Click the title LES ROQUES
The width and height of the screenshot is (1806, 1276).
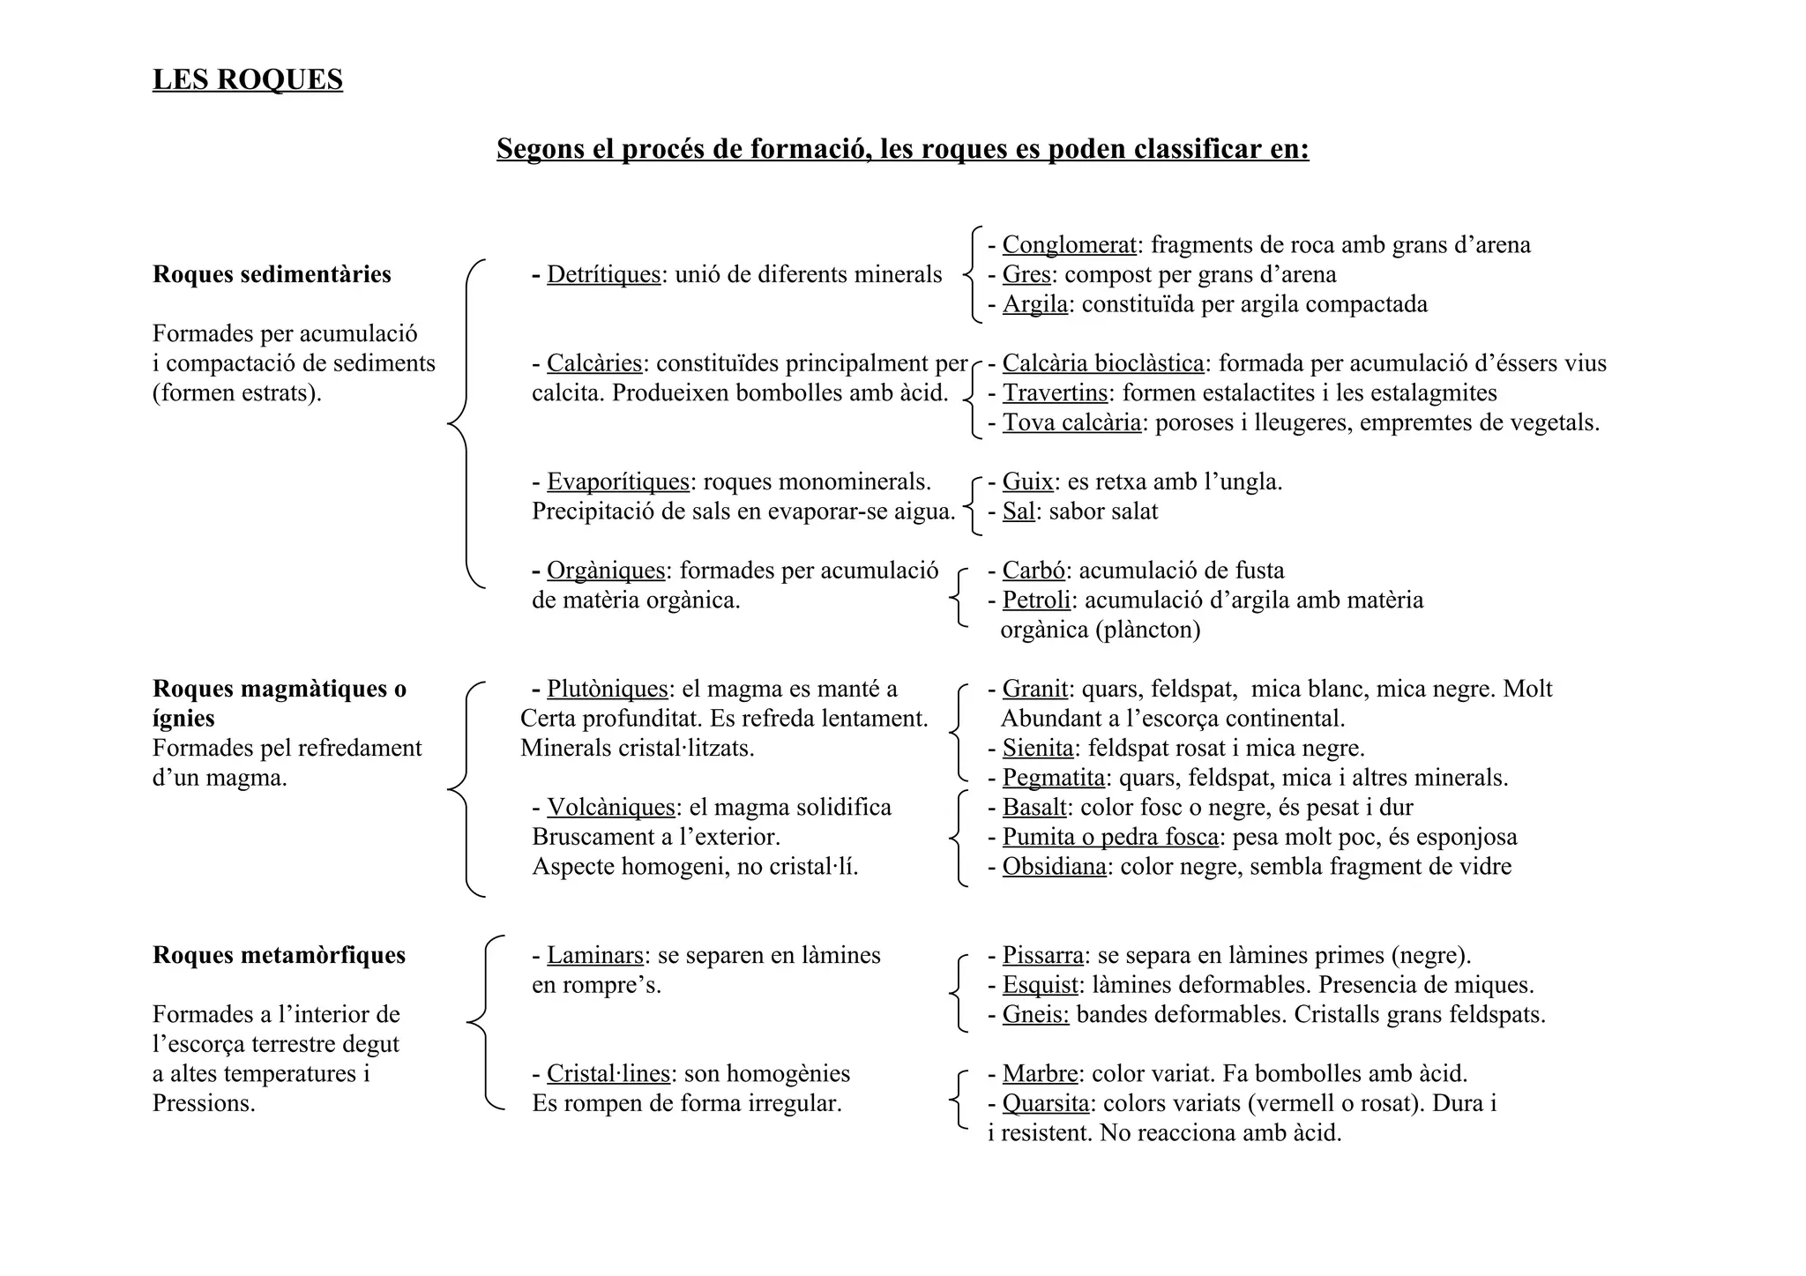pos(247,79)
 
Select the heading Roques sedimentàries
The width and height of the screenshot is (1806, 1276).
pos(272,274)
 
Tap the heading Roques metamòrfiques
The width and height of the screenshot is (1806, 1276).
pos(279,955)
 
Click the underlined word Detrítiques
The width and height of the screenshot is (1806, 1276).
pos(603,274)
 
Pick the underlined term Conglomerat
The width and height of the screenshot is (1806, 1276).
pos(1069,244)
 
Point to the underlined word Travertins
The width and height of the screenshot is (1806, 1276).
pos(1055,392)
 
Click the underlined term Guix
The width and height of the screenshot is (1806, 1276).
pos(1027,481)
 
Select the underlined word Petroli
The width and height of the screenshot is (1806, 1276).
pos(1036,600)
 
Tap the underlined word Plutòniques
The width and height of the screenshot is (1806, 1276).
pos(608,689)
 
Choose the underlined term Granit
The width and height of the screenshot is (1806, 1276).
pos(1034,689)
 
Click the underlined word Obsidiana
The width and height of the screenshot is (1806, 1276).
pos(1054,866)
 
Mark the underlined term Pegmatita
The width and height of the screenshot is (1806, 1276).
pos(1053,778)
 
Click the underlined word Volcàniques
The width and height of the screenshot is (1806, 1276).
pos(610,807)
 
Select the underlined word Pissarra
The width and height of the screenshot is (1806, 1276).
pos(1042,955)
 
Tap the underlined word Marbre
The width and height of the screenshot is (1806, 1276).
pos(1040,1073)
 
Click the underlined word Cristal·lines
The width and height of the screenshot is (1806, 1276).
pos(608,1073)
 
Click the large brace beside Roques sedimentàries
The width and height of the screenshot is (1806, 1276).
pos(466,423)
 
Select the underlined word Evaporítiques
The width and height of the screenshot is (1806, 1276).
pos(617,481)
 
